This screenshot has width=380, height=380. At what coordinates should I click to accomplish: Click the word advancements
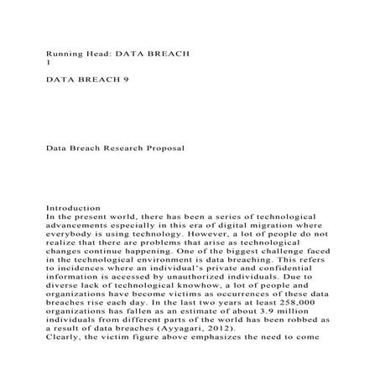(x=87, y=226)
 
